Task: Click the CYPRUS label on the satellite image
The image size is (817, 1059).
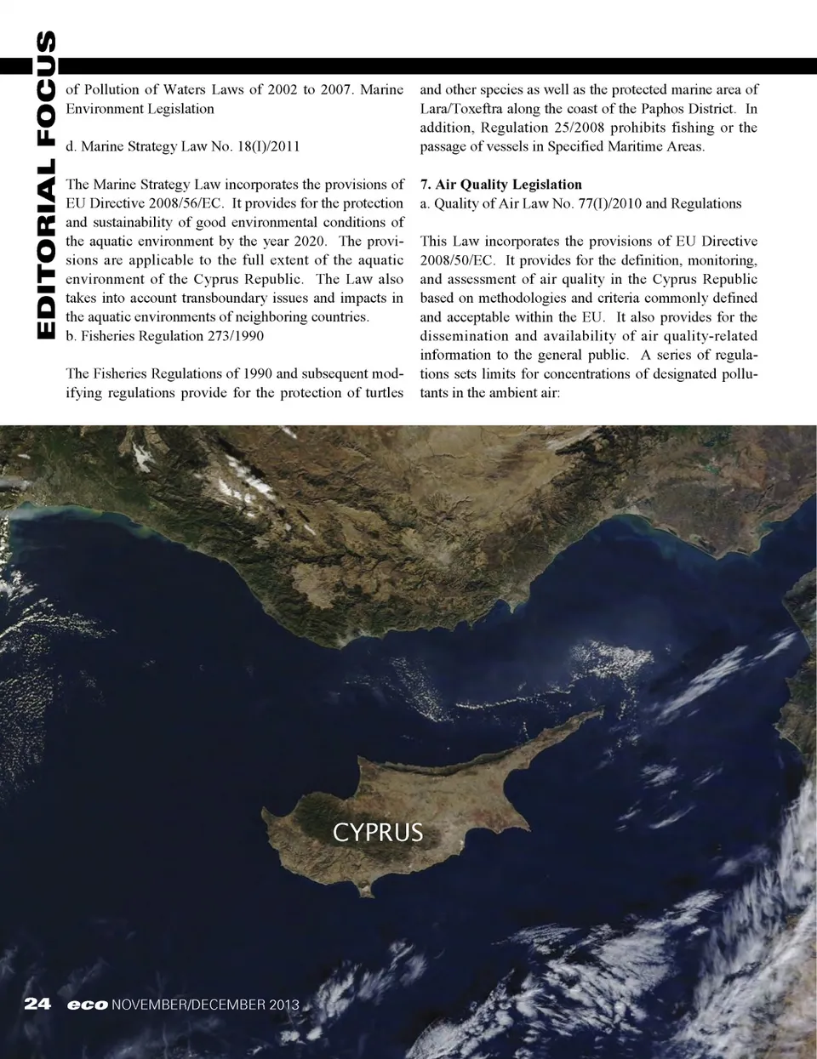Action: click(377, 831)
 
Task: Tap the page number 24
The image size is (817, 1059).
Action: click(38, 1004)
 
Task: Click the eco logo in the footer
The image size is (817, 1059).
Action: click(88, 1005)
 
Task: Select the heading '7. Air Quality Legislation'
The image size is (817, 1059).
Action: click(501, 185)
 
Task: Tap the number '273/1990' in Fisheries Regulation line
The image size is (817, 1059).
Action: click(236, 336)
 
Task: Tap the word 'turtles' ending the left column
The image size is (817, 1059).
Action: click(380, 393)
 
